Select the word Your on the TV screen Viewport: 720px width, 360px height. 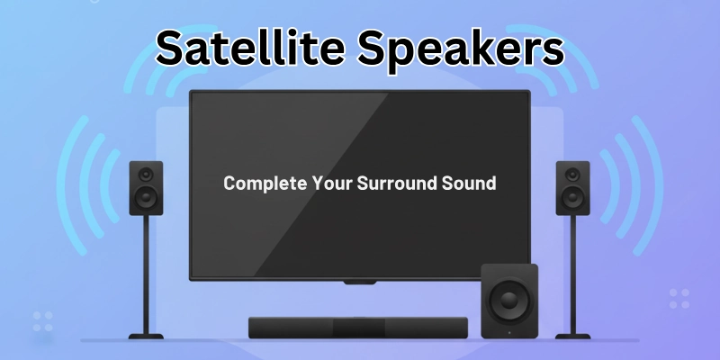(x=328, y=183)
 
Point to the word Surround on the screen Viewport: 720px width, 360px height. (x=399, y=183)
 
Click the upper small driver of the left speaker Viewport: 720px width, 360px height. (x=147, y=175)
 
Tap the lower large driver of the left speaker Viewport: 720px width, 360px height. (x=147, y=197)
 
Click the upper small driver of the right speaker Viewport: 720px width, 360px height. (x=571, y=175)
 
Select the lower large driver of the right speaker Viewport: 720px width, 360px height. (x=571, y=197)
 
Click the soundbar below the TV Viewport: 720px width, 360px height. (x=358, y=328)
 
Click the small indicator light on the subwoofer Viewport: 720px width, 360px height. (x=509, y=333)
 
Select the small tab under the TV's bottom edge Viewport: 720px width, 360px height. (x=358, y=283)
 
